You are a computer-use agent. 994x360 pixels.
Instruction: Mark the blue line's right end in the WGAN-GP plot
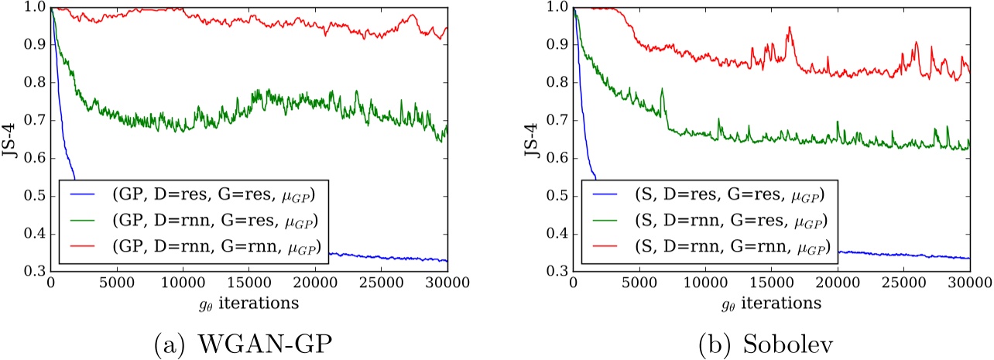point(447,262)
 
